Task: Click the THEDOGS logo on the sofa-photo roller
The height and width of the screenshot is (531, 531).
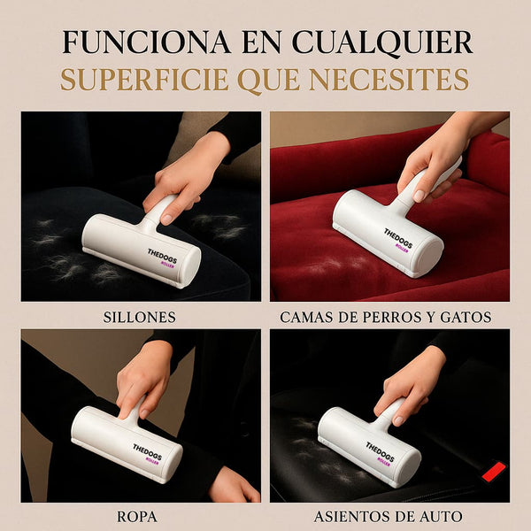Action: pos(162,256)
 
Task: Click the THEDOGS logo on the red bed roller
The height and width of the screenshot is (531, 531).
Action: pos(399,238)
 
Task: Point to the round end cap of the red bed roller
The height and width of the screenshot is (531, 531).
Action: pos(430,257)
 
